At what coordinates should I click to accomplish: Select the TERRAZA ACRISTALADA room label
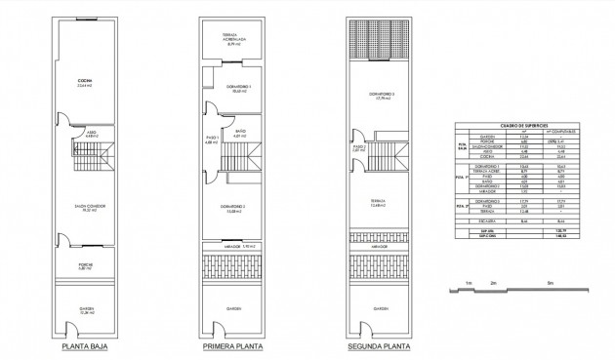click(x=232, y=40)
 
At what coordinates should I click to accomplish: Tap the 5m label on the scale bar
click(x=551, y=282)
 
